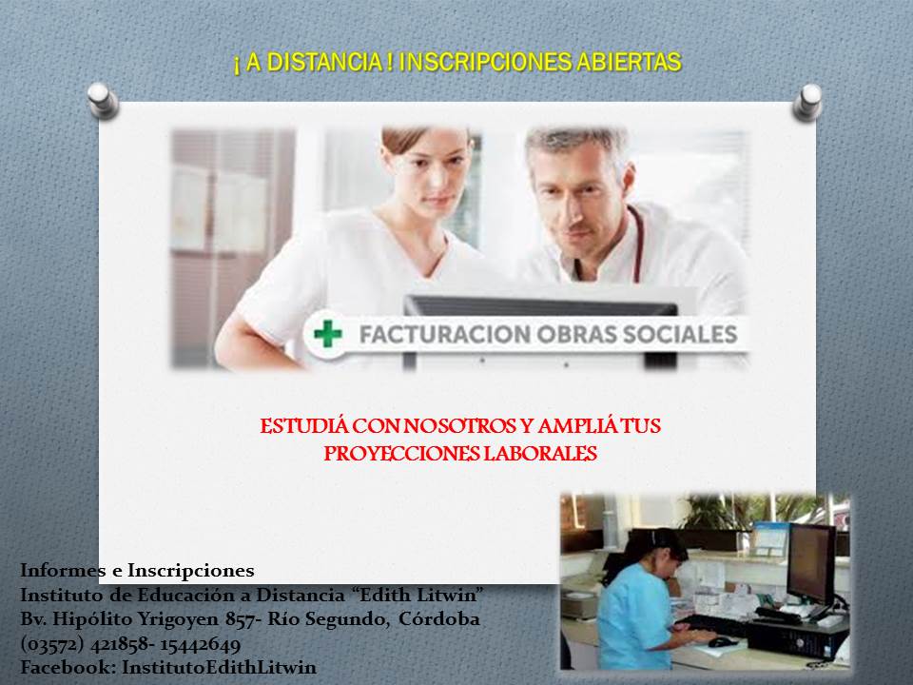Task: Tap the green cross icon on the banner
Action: [x=328, y=334]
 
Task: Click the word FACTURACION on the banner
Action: [x=443, y=334]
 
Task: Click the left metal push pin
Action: [x=103, y=100]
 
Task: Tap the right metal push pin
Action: [x=808, y=103]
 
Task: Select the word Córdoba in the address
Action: [x=439, y=618]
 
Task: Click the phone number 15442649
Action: [x=201, y=644]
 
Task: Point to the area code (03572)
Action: [x=53, y=644]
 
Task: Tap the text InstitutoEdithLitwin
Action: [x=219, y=667]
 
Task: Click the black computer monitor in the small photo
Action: [x=811, y=564]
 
